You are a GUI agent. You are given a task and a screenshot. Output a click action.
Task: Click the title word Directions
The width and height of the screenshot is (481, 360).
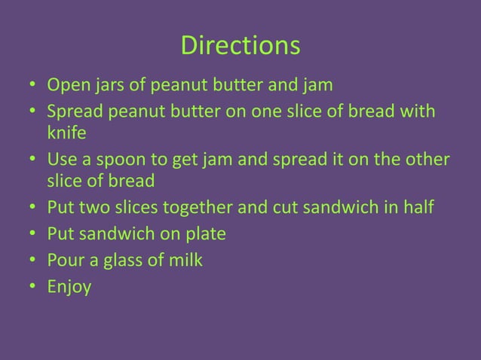click(240, 47)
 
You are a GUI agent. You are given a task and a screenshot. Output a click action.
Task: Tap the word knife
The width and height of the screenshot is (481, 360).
click(66, 133)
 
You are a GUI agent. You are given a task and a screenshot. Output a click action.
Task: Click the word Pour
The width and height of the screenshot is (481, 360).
click(65, 261)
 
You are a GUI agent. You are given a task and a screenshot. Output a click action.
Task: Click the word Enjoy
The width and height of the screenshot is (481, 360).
click(69, 288)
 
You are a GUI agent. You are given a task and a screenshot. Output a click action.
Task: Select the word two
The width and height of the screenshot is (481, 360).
click(93, 208)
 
